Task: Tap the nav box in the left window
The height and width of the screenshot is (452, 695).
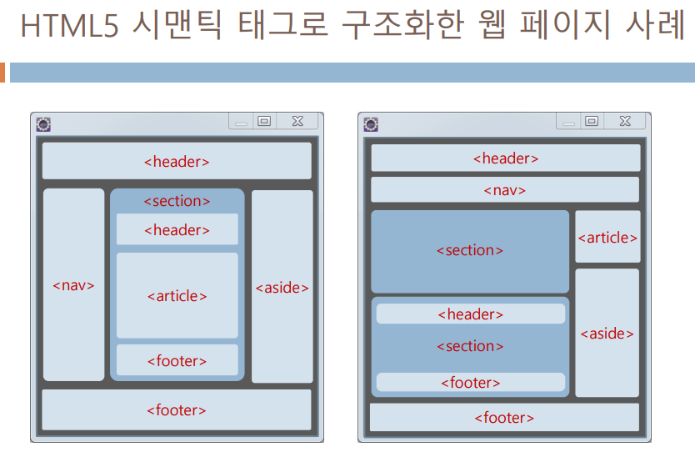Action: [73, 285]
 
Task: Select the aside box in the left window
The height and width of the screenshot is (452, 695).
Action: [282, 287]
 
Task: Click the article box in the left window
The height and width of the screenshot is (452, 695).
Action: [177, 295]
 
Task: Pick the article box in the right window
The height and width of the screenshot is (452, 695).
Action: [607, 237]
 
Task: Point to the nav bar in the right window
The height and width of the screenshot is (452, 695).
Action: [505, 189]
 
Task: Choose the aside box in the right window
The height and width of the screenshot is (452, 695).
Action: [607, 333]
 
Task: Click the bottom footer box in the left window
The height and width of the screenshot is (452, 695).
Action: [177, 409]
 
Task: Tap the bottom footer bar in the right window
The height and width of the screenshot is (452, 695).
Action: [504, 417]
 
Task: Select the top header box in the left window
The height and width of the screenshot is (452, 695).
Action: [177, 161]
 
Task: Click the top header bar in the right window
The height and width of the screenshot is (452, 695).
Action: [505, 158]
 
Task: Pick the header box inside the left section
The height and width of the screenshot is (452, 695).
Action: [177, 229]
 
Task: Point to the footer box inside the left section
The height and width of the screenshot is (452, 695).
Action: [177, 360]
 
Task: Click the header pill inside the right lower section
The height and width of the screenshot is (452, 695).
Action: [471, 314]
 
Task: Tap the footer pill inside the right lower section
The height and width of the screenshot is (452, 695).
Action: [471, 382]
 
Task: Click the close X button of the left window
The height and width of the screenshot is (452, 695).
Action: [297, 121]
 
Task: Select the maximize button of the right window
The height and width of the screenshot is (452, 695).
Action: [592, 121]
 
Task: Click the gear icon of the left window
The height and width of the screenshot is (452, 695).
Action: [43, 124]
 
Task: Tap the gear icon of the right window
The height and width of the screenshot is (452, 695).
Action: [371, 124]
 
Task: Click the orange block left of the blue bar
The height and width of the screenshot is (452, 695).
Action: [2, 73]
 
